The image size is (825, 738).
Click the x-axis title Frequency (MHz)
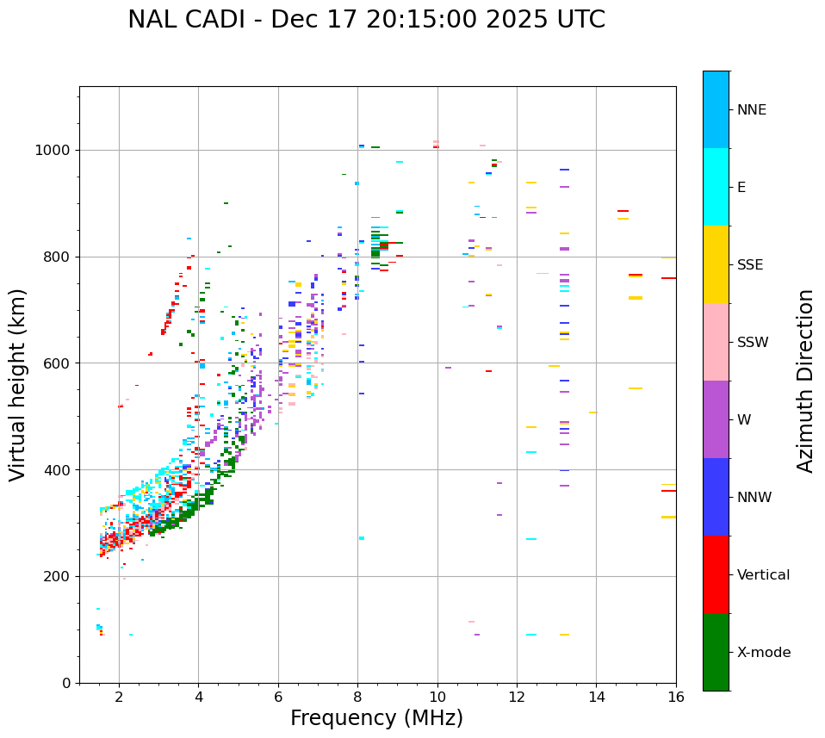[376, 718]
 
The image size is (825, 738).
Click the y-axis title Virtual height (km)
[18, 385]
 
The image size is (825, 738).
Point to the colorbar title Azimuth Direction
[805, 381]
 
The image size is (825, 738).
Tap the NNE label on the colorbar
[751, 110]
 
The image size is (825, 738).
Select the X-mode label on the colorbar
[763, 653]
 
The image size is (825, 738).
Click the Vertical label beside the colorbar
[763, 575]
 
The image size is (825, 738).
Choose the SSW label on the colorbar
[753, 343]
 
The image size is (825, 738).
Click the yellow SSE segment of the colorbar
[716, 264]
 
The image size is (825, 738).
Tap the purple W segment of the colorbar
[716, 419]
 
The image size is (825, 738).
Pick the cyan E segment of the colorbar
[716, 187]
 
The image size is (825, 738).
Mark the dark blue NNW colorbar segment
[716, 497]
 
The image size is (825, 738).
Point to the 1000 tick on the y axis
[55, 150]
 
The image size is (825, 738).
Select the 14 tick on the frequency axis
[596, 696]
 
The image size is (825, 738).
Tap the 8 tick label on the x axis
[358, 696]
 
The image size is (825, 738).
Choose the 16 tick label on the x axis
[675, 696]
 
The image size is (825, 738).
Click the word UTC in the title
[580, 20]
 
